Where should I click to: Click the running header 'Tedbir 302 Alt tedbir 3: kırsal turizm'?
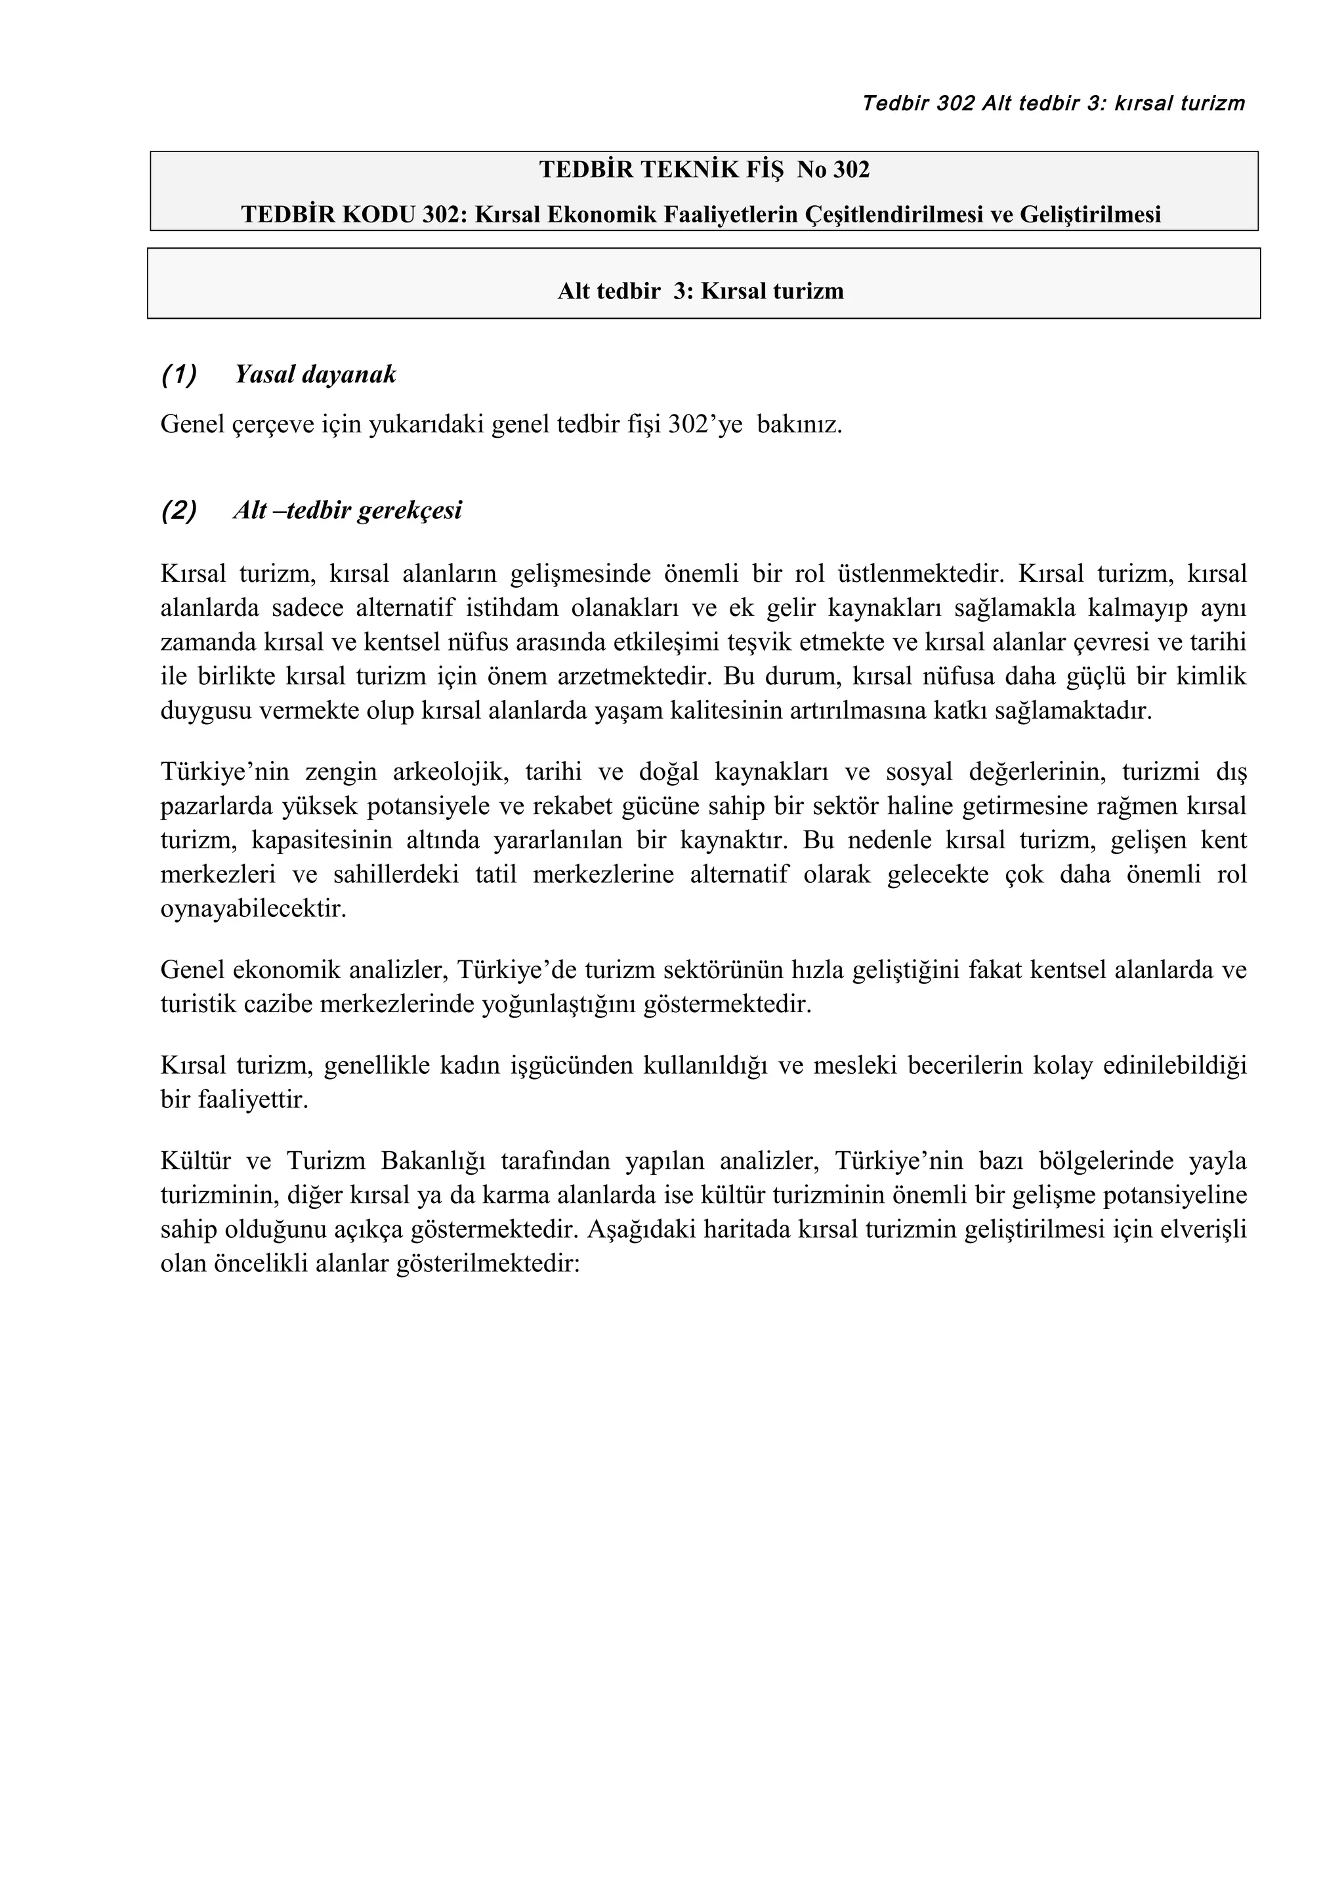click(x=1053, y=104)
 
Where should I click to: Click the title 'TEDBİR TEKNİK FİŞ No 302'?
click(x=704, y=170)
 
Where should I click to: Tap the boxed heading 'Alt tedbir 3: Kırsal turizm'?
click(x=701, y=291)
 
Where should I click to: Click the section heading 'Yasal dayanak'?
click(x=315, y=375)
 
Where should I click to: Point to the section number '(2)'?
click(x=179, y=511)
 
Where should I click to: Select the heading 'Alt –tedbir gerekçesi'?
click(x=347, y=511)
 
